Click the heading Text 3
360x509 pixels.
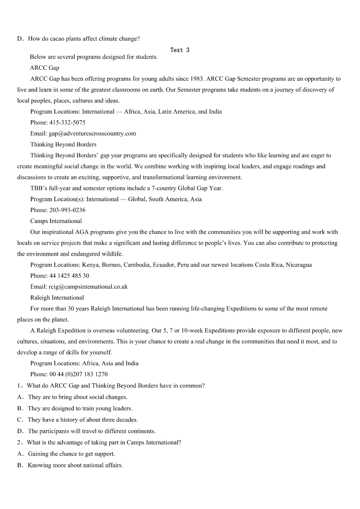coord(180,50)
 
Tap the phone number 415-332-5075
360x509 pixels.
coord(67,122)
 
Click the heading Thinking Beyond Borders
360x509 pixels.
coord(63,144)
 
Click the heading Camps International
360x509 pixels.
coord(56,221)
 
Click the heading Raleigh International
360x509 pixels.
coord(57,297)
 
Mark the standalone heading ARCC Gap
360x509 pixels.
coord(44,68)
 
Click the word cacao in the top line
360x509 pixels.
coord(61,39)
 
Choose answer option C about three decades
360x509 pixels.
coord(83,420)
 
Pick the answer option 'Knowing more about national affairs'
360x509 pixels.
coord(75,465)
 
